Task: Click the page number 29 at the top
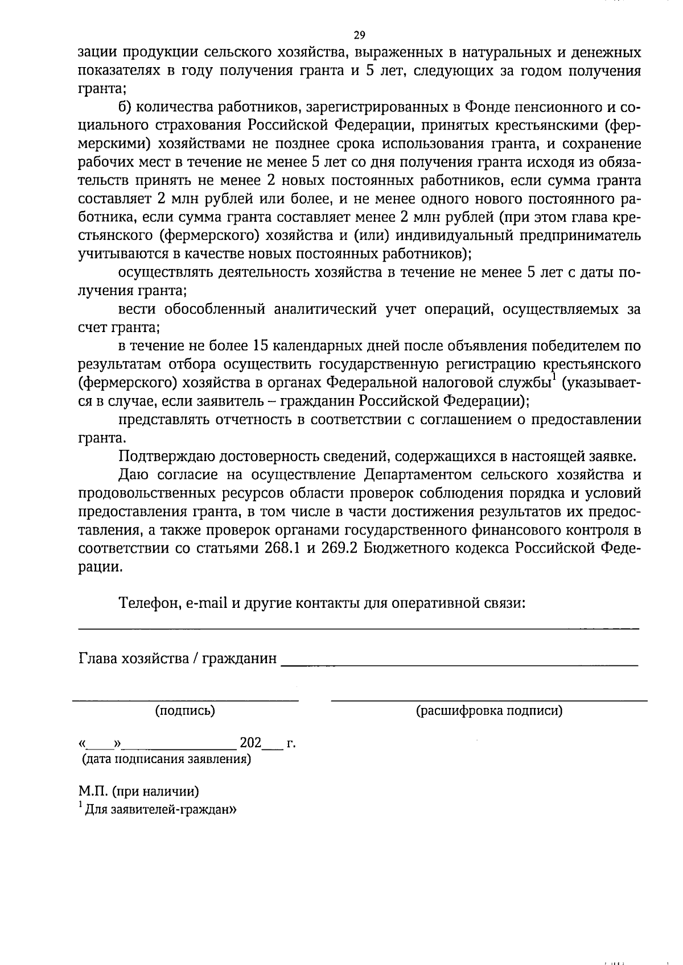coord(359,35)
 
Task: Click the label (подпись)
coord(185,710)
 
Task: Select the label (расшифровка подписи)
coord(489,710)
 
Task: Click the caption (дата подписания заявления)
coord(166,759)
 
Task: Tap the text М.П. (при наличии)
coord(139,791)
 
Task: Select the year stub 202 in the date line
coord(250,743)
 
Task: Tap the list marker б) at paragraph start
coord(125,107)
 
